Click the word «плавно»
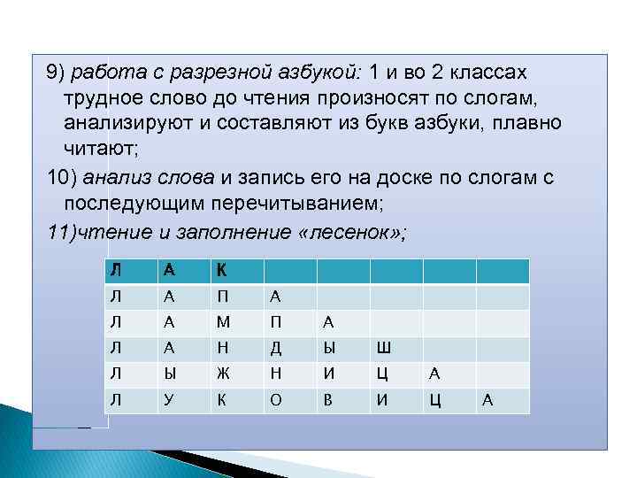529,122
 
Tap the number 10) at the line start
62,178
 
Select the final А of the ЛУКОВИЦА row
487,402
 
